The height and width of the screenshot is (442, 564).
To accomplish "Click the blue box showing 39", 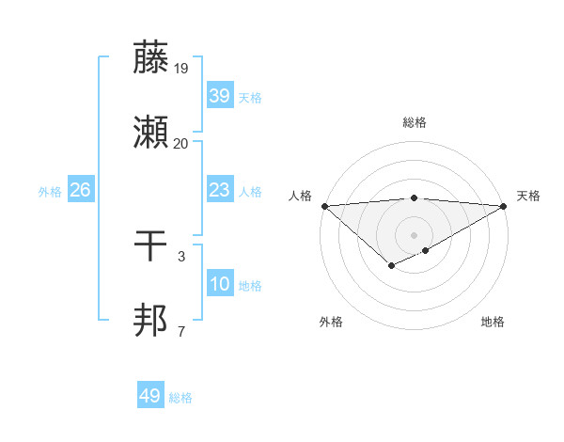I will point(219,96).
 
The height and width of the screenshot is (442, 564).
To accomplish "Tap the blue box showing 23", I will point(219,190).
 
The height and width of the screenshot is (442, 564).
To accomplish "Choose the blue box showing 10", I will point(219,284).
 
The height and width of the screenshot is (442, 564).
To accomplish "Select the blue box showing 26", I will point(80,190).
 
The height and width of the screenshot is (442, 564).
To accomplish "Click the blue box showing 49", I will point(149,396).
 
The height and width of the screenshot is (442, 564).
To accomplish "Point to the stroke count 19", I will point(181,69).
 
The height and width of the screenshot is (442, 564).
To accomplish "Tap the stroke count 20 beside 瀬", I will point(181,144).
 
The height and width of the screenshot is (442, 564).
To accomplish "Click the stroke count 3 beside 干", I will point(181,256).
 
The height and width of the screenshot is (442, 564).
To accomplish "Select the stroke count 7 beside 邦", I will point(181,331).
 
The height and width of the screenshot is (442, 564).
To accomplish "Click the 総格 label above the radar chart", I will point(414,122).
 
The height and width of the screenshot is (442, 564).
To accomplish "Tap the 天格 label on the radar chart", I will point(528,196).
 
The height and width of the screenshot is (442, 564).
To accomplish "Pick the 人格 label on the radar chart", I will point(300,196).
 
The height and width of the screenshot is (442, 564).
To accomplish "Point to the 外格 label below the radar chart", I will point(331,323).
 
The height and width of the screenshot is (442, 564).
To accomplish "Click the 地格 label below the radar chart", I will point(493,323).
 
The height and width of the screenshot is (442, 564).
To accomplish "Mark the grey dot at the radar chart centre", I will point(414,234).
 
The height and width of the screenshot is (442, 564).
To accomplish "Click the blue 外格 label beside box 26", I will point(50,191).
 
